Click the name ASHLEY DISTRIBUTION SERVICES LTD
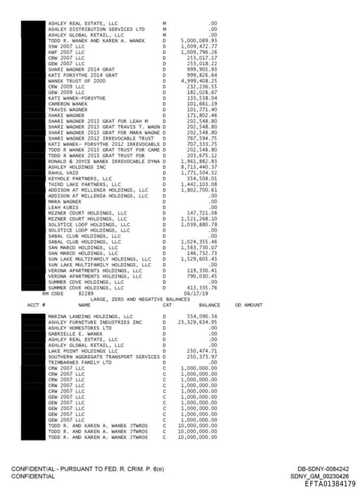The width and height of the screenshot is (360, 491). tap(96, 29)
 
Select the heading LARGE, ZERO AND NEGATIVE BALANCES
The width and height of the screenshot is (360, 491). tap(141, 299)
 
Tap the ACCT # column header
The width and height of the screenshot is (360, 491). tap(35, 305)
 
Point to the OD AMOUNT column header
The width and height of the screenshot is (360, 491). tap(248, 305)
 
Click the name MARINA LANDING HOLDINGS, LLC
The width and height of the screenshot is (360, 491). tap(90, 317)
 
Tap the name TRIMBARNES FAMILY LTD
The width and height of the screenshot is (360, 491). tap(79, 362)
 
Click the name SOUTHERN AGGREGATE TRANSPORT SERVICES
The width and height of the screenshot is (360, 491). tap(103, 356)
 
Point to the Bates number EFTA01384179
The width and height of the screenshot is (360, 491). tap(330, 483)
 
